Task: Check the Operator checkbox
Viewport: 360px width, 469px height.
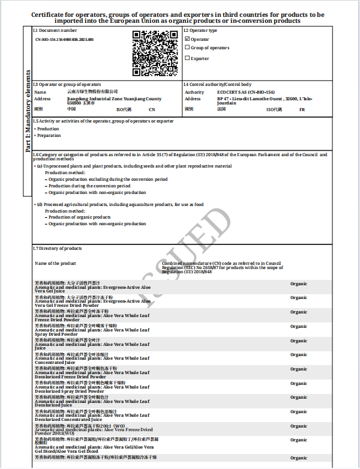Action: coord(187,39)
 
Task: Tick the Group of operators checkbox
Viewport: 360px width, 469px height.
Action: coord(187,47)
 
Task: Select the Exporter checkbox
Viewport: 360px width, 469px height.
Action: coord(187,58)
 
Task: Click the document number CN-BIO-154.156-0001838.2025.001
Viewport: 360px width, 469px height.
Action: coord(65,39)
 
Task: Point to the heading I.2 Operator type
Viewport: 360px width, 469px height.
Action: coord(200,30)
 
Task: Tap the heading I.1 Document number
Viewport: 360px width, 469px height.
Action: coord(55,30)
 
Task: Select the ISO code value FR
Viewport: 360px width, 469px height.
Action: coord(302,109)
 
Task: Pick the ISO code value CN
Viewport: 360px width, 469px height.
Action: coord(152,109)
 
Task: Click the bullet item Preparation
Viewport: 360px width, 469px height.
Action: coord(49,136)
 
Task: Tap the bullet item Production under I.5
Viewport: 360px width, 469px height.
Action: coord(48,129)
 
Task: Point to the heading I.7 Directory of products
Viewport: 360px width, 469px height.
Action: coord(57,248)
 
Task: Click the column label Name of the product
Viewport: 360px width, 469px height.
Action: coord(55,263)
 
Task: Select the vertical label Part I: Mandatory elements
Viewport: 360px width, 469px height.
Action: coord(27,112)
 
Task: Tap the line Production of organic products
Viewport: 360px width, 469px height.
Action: coord(79,217)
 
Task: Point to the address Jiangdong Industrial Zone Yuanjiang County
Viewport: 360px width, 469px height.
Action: coord(114,98)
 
